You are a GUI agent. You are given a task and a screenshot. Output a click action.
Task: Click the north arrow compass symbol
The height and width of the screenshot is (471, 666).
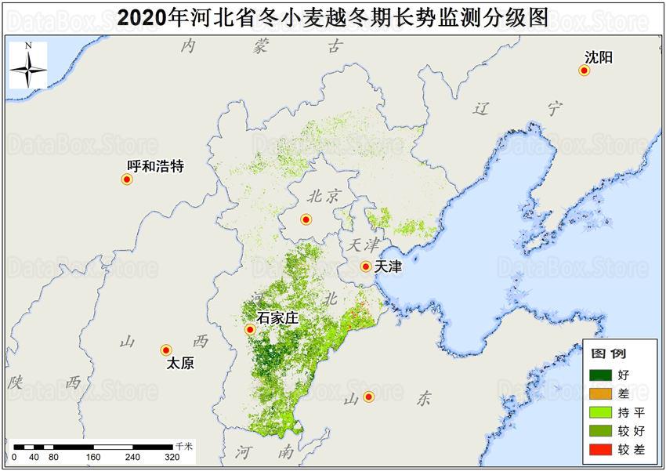[27, 66]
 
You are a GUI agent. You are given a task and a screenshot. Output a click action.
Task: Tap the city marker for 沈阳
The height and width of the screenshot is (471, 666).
[584, 71]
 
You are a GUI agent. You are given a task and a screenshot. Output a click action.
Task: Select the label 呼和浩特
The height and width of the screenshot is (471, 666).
[155, 166]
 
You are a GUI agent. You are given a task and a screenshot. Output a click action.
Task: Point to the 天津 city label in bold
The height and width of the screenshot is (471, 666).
[388, 267]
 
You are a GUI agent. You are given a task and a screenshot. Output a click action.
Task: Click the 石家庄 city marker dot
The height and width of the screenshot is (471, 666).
[249, 330]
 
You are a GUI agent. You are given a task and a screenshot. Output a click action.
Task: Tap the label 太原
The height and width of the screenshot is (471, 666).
[181, 364]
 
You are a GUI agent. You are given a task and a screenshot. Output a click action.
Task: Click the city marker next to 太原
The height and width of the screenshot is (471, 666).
[166, 350]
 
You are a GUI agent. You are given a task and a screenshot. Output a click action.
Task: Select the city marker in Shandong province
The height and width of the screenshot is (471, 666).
[368, 397]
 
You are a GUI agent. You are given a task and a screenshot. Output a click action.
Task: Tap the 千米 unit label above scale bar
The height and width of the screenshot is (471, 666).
[185, 444]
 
